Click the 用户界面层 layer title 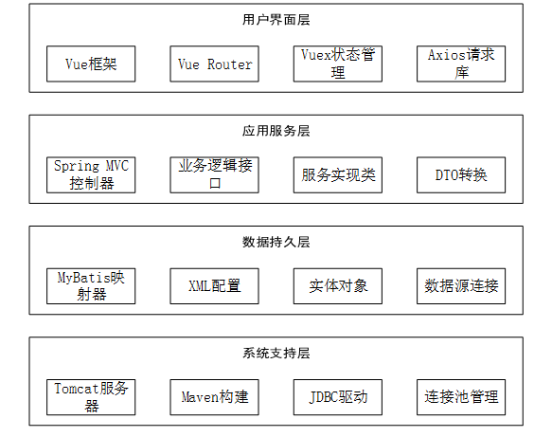click(x=276, y=20)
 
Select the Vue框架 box click(x=91, y=64)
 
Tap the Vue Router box click(x=214, y=64)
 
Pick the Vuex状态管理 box click(x=338, y=64)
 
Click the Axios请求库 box click(x=461, y=64)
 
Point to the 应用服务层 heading click(x=276, y=131)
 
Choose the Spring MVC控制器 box click(x=91, y=174)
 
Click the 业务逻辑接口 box click(x=214, y=174)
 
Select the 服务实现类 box click(x=338, y=174)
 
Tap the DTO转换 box click(x=461, y=174)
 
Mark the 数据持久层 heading click(x=276, y=242)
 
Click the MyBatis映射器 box click(x=91, y=286)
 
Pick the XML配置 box click(x=214, y=286)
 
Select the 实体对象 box click(x=338, y=286)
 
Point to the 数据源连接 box click(x=461, y=286)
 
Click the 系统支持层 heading click(x=276, y=354)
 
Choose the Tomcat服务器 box click(x=91, y=397)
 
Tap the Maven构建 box click(x=214, y=397)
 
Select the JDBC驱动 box click(x=338, y=397)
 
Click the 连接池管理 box click(x=461, y=397)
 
